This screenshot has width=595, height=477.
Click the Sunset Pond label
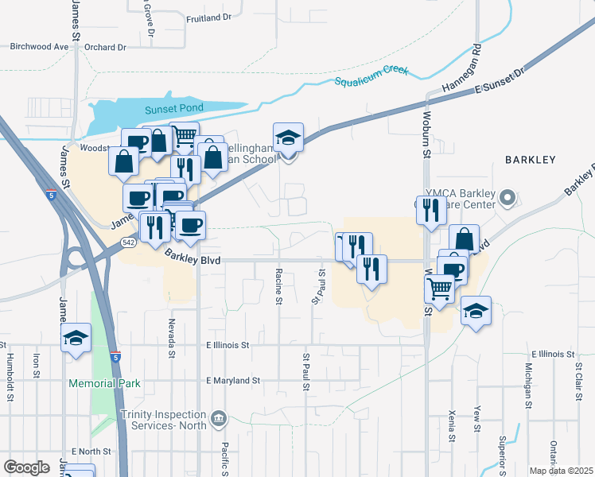[174, 108]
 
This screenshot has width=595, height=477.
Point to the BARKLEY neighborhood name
[530, 160]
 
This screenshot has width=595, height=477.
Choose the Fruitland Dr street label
[208, 17]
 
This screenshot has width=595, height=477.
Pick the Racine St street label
[278, 286]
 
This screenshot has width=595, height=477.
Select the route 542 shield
[128, 242]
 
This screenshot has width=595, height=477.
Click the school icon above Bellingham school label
[288, 138]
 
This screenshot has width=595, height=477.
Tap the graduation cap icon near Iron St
[76, 337]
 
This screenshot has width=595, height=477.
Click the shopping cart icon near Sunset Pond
[185, 136]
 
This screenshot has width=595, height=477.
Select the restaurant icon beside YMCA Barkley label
[431, 210]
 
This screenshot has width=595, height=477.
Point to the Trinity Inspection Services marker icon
[219, 417]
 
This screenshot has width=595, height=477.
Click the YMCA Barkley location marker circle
[509, 196]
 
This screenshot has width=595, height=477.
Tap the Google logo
[26, 467]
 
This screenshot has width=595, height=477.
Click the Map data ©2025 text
[560, 471]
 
